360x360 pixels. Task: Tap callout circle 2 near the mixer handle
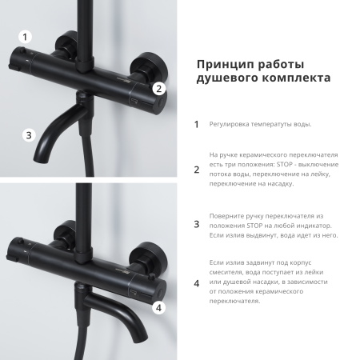pos(158,89)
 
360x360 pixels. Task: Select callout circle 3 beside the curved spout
pos(29,135)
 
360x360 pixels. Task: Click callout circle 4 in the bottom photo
pos(158,306)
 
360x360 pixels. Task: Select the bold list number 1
pos(197,124)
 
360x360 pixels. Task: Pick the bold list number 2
pos(197,169)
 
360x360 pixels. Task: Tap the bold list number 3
pos(197,225)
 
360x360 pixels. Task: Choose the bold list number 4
pos(197,282)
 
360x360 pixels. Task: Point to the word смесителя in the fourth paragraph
pos(231,272)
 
